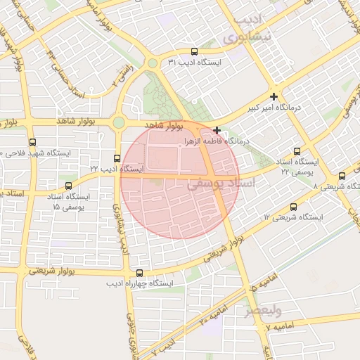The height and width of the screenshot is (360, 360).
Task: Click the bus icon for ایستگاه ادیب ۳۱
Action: (195, 51)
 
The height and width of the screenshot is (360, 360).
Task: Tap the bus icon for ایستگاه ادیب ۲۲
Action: (117, 158)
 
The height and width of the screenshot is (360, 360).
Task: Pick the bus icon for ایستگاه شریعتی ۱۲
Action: (293, 207)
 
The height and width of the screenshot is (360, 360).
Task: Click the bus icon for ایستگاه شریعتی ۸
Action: (342, 176)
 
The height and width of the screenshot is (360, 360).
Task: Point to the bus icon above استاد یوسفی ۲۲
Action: (297, 151)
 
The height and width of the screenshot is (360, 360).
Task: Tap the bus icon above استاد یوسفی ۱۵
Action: (68, 186)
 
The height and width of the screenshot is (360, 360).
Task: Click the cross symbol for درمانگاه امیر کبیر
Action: (274, 96)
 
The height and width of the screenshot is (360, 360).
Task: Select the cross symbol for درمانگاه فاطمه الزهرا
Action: (217, 130)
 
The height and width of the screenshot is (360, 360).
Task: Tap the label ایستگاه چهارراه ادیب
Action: (139, 285)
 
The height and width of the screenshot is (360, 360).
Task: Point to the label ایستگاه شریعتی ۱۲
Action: (293, 218)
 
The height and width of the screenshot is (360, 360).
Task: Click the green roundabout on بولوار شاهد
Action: (118, 123)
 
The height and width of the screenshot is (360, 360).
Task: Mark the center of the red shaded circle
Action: (180, 180)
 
